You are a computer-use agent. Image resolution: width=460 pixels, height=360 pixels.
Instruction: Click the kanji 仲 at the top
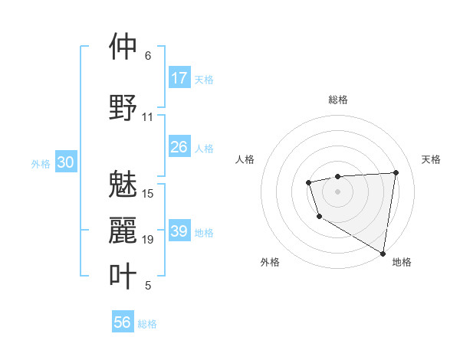coord(123,47)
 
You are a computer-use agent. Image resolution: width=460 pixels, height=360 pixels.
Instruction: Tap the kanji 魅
coord(123,185)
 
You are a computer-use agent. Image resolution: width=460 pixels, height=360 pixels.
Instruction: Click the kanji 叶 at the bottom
coord(123,277)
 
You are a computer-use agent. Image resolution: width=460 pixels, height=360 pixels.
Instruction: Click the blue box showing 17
coord(179,77)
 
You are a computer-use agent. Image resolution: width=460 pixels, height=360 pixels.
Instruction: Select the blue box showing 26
coord(179,147)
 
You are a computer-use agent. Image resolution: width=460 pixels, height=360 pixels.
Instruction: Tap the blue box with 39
coord(179,231)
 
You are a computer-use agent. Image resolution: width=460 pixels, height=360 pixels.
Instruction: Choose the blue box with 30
coord(66,162)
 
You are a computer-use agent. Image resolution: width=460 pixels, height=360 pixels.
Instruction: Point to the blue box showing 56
coord(123,322)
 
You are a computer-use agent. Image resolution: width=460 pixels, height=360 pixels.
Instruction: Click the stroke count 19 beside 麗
coord(148,240)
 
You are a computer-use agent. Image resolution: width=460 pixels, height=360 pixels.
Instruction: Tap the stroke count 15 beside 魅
coord(148,194)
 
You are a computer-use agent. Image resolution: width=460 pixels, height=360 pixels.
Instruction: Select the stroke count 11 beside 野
coord(148,117)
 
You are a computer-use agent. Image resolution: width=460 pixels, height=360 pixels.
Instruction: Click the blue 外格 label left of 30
coord(41,163)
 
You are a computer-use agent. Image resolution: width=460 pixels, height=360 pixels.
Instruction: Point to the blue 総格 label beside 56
coord(147,323)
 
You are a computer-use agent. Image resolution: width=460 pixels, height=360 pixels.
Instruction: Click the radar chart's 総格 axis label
coord(338,100)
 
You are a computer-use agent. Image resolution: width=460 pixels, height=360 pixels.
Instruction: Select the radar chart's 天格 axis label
coord(431,159)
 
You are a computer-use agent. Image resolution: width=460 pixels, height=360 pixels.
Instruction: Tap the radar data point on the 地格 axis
coord(383,254)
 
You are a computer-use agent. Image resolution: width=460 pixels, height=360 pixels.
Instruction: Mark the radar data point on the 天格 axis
coord(396,172)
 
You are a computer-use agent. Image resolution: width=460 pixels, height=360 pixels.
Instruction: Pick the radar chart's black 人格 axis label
coord(245,159)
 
